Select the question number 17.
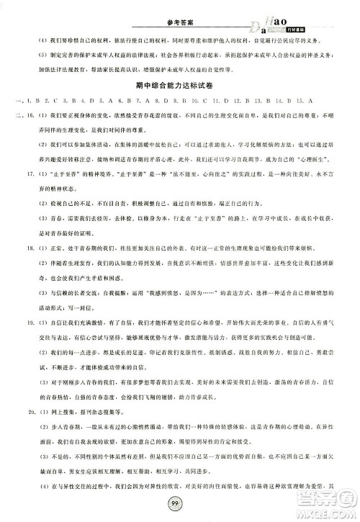(x=32, y=194)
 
